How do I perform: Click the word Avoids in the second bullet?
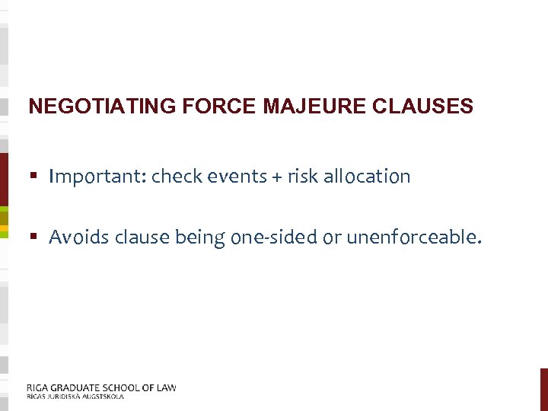coord(79,238)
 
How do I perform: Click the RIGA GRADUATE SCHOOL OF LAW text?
coord(101,387)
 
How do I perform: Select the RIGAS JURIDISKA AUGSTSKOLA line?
coord(75,397)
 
